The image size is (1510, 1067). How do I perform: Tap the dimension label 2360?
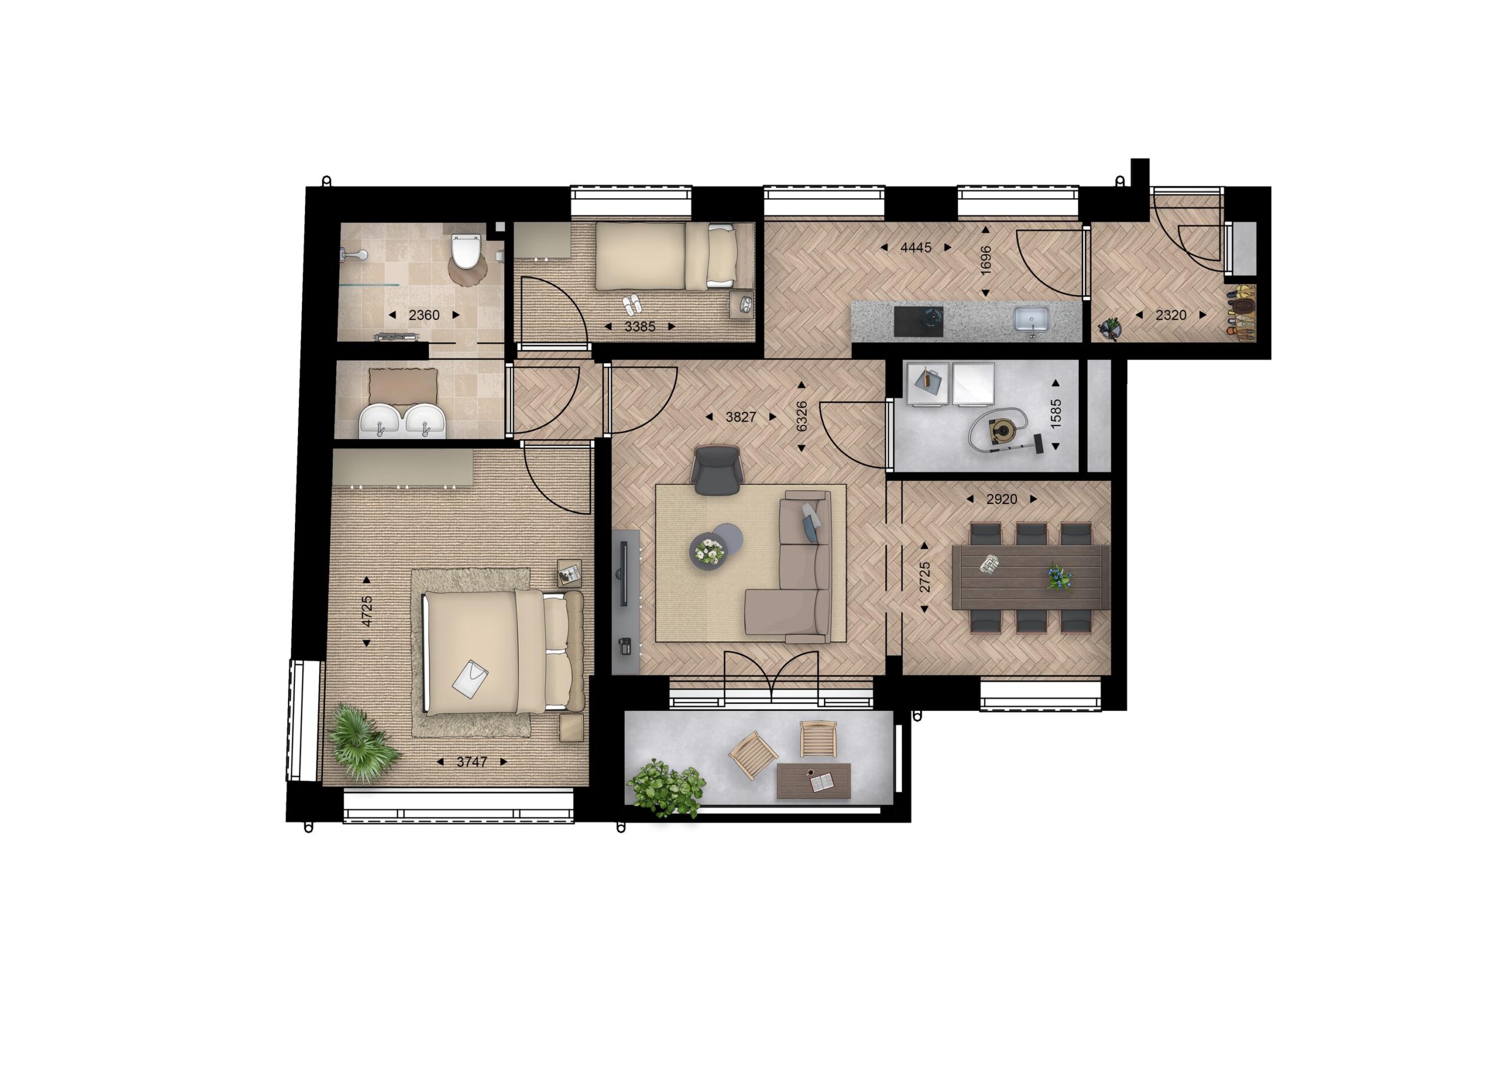424,315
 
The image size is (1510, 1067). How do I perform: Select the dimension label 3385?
640,326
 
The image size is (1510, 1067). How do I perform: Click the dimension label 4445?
916,247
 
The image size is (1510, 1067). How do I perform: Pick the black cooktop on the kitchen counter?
918,322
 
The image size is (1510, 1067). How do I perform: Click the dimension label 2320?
1171,315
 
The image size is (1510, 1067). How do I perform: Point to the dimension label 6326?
801,416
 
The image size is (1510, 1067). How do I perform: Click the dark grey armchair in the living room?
717,469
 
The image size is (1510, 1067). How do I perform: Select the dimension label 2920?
1002,499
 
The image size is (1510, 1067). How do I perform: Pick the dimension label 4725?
366,611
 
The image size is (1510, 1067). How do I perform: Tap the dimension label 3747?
471,762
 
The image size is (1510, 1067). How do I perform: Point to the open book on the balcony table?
822,782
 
